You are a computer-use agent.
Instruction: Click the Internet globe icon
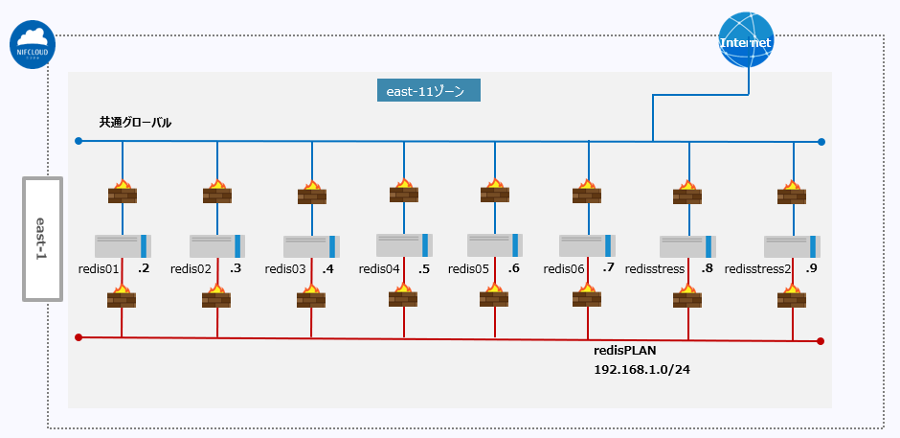tap(746, 41)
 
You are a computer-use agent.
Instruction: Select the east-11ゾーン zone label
tap(427, 91)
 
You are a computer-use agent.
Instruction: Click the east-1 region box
tap(42, 238)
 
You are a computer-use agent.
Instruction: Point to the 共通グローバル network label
tap(135, 123)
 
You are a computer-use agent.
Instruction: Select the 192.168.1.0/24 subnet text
tap(641, 369)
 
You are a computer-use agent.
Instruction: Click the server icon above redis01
tap(123, 245)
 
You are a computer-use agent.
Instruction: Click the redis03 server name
tap(285, 269)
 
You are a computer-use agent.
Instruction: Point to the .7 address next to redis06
tap(609, 268)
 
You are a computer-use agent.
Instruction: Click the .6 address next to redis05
tap(513, 268)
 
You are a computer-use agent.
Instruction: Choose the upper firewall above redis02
tap(217, 191)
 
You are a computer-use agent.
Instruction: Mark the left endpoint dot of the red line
tap(79, 337)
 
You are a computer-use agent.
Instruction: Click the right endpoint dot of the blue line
tap(821, 142)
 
